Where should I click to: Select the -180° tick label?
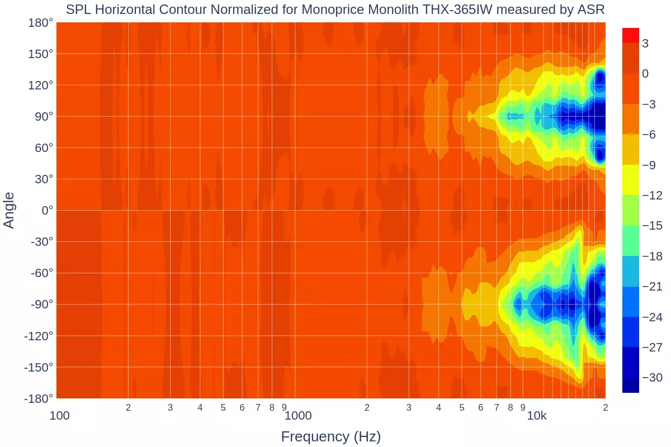(x=39, y=398)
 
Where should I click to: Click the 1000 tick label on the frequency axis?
(x=297, y=416)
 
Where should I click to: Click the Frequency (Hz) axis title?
(x=330, y=436)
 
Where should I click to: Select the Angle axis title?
(x=9, y=210)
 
